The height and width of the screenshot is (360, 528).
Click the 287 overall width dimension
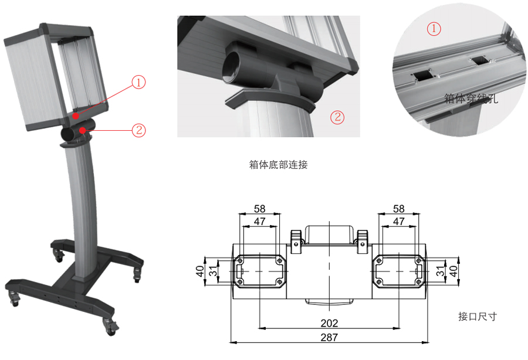[329, 337]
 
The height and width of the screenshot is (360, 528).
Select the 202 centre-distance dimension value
[329, 323]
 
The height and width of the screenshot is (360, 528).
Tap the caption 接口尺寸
[478, 316]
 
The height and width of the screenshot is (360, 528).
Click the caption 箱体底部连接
[278, 165]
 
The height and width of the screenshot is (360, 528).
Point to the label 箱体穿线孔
[471, 99]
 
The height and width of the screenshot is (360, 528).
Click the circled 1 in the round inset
[434, 29]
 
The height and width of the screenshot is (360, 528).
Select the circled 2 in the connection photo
[337, 117]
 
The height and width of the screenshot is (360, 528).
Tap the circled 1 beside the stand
[138, 82]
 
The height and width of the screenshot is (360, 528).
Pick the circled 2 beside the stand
[138, 130]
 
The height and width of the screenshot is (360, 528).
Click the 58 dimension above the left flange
[259, 209]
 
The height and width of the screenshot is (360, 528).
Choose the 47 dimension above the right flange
[399, 222]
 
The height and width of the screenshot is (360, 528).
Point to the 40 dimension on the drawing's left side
[200, 271]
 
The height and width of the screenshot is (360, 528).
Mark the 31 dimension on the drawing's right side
[441, 271]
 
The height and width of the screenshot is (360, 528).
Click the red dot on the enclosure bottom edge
[76, 116]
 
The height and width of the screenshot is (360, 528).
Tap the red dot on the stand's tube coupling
[82, 130]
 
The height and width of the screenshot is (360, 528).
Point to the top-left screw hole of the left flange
[240, 261]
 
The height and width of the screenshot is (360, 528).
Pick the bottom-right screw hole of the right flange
[418, 281]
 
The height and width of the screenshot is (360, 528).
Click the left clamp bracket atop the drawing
[296, 241]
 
